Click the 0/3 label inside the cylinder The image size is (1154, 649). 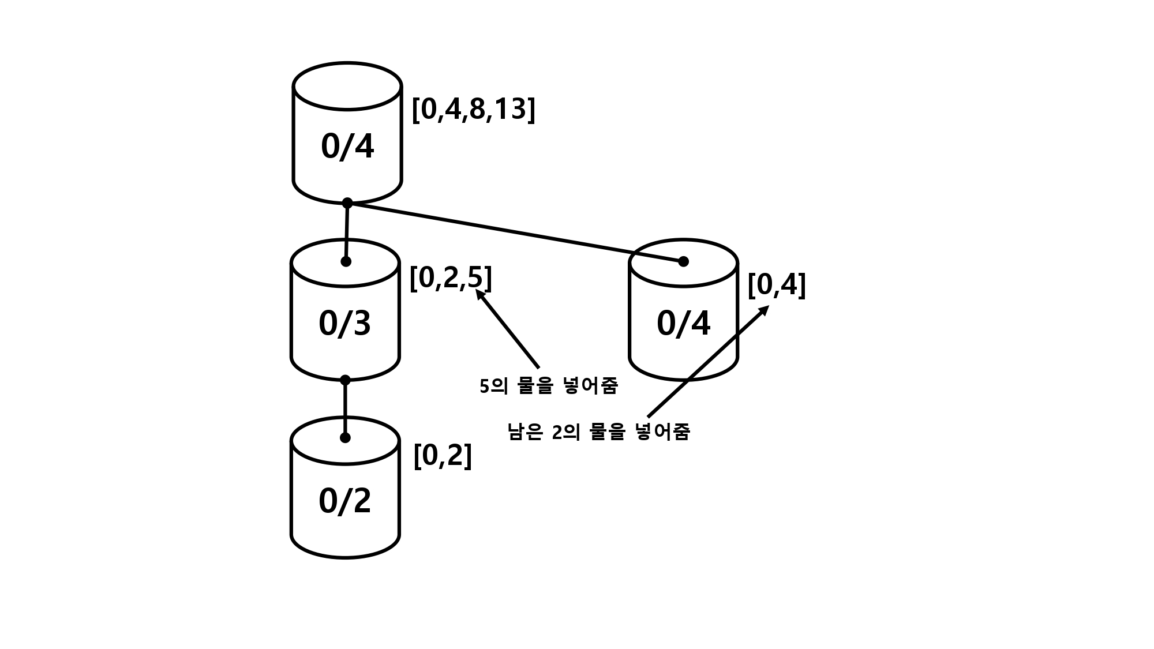(x=344, y=324)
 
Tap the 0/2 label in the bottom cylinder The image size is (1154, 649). (x=344, y=501)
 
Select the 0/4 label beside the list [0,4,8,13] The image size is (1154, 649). (x=347, y=147)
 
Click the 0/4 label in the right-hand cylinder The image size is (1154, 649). (x=683, y=324)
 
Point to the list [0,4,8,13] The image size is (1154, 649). (x=473, y=109)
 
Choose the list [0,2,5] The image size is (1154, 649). (x=450, y=278)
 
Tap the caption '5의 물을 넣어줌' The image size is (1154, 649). (x=548, y=387)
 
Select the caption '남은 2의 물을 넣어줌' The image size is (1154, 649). (x=598, y=432)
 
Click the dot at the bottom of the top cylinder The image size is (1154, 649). (x=347, y=203)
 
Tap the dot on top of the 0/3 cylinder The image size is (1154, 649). (x=346, y=261)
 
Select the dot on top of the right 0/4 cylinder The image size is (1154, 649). (x=683, y=261)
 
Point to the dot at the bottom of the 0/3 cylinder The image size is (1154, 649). (x=345, y=380)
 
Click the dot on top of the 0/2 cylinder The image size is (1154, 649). (x=345, y=438)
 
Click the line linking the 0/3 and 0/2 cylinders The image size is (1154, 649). (x=345, y=409)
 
